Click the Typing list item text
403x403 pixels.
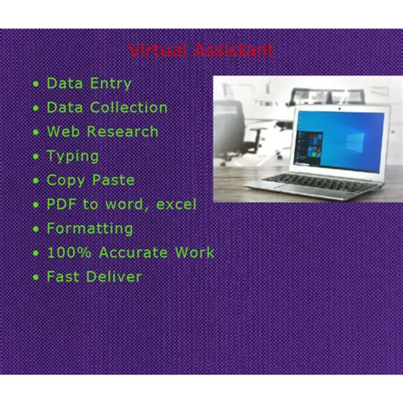click(73, 156)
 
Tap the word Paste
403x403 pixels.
click(114, 180)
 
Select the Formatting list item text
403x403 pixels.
click(90, 229)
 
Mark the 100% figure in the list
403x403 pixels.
click(68, 253)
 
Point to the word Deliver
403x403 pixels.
click(115, 276)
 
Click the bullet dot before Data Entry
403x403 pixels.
click(35, 84)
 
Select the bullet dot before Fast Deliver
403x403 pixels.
click(35, 277)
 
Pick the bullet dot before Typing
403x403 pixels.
click(35, 156)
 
